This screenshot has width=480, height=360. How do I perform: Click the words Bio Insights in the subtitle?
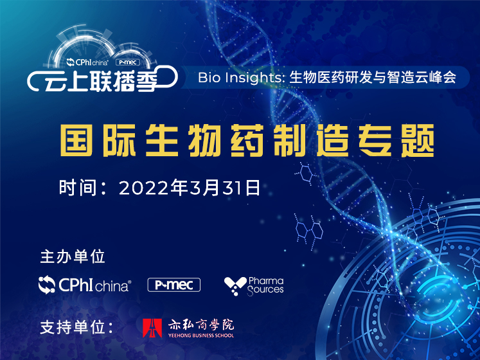click(240, 77)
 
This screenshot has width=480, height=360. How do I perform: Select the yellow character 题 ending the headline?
click(418, 140)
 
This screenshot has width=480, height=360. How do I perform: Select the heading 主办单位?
click(73, 256)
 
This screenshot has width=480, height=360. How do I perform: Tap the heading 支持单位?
click(73, 327)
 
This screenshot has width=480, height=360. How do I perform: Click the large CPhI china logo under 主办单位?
click(85, 285)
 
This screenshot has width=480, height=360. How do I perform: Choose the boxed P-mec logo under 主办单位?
click(174, 285)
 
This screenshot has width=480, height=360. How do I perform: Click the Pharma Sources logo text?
click(266, 285)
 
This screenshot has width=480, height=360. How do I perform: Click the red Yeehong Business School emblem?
click(152, 328)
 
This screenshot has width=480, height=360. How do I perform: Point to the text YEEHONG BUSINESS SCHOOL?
click(201, 335)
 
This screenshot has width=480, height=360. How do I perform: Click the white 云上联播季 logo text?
click(101, 82)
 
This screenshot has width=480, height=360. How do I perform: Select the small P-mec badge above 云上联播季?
click(128, 62)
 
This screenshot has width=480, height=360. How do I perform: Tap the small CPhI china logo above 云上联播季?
click(87, 62)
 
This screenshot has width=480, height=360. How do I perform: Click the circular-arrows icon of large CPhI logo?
click(47, 285)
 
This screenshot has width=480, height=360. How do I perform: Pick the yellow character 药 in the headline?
click(247, 140)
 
